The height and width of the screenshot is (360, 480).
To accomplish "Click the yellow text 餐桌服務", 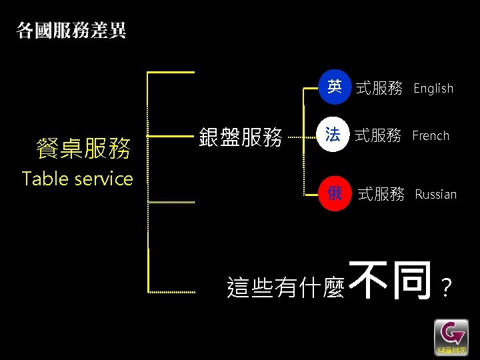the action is (83, 148).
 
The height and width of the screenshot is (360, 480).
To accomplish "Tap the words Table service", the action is (77, 179).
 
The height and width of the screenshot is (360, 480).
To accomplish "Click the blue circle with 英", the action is (334, 87).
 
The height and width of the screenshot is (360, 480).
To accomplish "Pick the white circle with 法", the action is (333, 135).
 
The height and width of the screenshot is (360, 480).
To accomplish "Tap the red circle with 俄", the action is (334, 194).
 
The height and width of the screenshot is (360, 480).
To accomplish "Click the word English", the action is (433, 88).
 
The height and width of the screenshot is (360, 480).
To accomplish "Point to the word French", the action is (431, 136).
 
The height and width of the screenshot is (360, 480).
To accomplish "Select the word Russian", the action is (435, 195).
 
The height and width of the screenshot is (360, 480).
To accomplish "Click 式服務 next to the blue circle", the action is (379, 88).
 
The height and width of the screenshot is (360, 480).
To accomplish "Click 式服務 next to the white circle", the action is (377, 136).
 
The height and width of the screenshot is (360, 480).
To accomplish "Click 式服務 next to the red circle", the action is (381, 195).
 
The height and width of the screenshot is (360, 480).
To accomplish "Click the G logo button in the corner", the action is (451, 337).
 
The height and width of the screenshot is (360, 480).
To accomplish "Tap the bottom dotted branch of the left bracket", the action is (171, 292).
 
